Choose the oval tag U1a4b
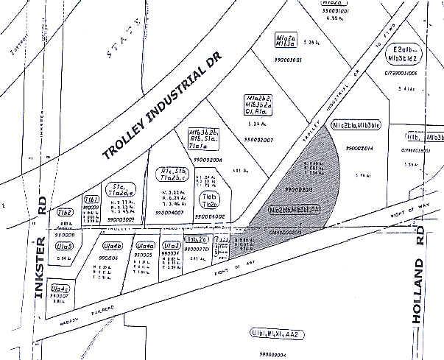click(112, 247)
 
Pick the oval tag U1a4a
click(146, 246)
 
